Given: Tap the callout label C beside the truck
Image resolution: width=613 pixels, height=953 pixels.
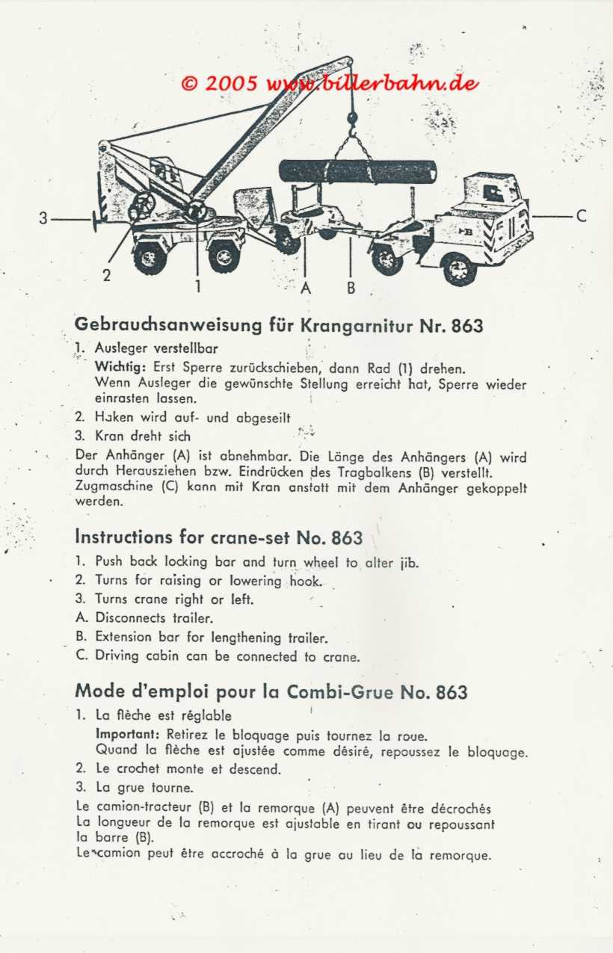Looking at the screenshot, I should [582, 216].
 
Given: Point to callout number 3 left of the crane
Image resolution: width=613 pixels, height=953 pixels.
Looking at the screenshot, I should [43, 218].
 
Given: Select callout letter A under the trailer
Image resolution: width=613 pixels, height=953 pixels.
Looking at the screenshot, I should [306, 287].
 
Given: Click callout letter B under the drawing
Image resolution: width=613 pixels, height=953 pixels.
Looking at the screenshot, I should [351, 287].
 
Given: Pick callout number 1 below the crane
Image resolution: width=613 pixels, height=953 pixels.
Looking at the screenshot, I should [197, 286].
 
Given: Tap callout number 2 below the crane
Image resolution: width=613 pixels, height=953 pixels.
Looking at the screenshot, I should [107, 275].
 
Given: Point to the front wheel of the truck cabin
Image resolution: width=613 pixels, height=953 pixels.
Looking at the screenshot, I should [459, 268].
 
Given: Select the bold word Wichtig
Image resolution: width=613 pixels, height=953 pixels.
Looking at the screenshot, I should [122, 368].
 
